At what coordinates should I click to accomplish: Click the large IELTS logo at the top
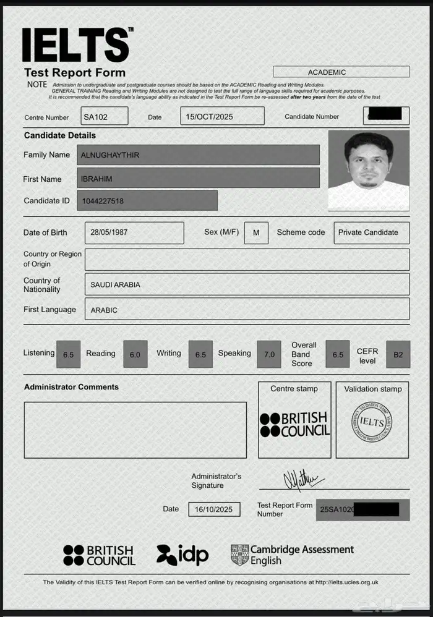coord(77,45)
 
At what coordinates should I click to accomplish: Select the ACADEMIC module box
coord(341,72)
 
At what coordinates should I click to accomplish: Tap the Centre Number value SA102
coord(104,116)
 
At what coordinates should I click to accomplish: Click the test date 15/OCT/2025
coord(222,116)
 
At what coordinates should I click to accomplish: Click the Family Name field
coord(198,155)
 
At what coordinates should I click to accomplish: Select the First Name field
coord(198,179)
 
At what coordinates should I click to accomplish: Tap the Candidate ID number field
coord(147,200)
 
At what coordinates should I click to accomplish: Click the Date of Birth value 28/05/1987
coord(134,232)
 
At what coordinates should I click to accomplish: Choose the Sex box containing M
coord(256,233)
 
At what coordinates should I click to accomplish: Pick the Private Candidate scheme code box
coord(371,232)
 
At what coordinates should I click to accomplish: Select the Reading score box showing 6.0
coord(135,354)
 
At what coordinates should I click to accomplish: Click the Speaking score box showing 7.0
coord(268,354)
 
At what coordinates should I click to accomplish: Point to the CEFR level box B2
coord(398,354)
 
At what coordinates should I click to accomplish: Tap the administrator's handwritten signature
coord(302,479)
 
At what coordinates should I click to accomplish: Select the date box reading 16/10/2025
coord(214,509)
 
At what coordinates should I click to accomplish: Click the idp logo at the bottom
coord(182,555)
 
